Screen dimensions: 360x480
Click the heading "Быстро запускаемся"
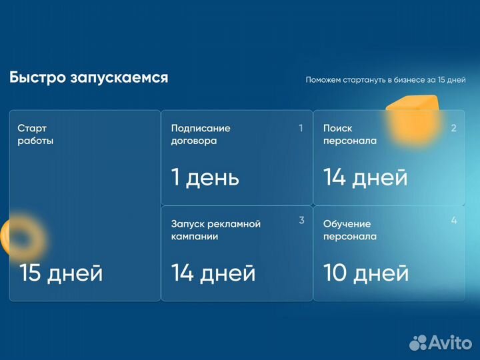click(x=89, y=78)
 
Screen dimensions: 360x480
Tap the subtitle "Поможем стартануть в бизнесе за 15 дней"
click(x=385, y=80)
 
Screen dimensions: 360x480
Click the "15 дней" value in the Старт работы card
click(x=61, y=273)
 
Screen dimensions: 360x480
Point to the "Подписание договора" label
click(x=201, y=134)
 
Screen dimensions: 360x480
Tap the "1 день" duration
click(x=205, y=177)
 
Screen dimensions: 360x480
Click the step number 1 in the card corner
click(x=301, y=128)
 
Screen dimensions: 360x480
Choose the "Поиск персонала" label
click(x=350, y=134)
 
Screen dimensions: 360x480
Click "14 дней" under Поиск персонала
click(x=365, y=177)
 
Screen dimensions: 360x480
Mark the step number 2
click(x=453, y=128)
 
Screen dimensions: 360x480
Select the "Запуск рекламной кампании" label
click(x=215, y=230)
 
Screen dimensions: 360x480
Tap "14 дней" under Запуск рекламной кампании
click(x=213, y=273)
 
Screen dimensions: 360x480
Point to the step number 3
click(x=301, y=221)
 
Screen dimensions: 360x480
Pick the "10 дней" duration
click(x=365, y=273)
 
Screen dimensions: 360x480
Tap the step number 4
click(x=454, y=221)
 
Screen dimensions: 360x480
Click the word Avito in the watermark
click(x=451, y=342)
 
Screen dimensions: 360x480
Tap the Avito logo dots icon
click(x=418, y=343)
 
